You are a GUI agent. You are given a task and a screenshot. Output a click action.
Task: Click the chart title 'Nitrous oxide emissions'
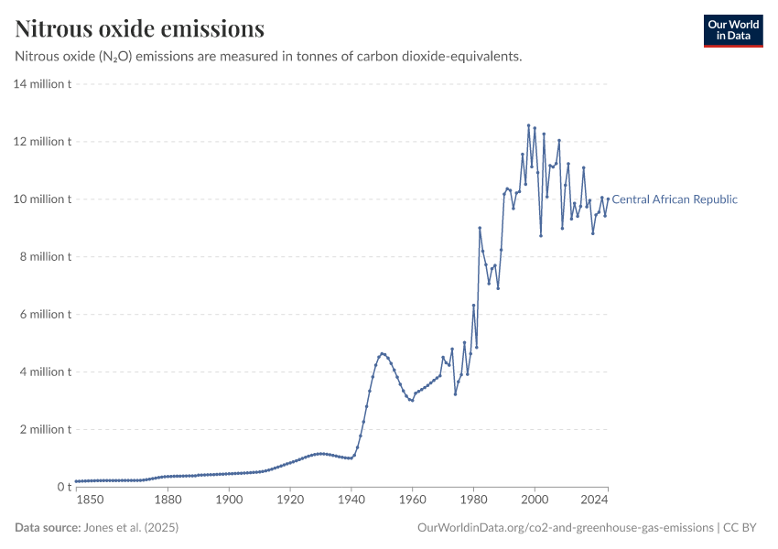tap(140, 29)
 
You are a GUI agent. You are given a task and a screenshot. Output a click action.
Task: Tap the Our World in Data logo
tap(732, 30)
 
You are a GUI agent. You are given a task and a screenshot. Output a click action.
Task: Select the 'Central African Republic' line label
tap(674, 199)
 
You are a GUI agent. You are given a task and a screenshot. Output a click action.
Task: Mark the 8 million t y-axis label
tap(45, 257)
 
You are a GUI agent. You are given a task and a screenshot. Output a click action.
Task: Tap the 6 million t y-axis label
tap(45, 315)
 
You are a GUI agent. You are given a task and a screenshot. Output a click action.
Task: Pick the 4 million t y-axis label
tap(45, 372)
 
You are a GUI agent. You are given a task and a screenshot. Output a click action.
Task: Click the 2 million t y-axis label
tap(45, 429)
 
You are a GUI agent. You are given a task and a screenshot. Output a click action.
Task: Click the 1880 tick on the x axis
tap(167, 500)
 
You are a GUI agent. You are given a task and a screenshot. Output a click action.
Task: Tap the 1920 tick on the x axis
tap(290, 500)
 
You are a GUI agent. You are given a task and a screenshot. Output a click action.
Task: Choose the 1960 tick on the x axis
tap(412, 500)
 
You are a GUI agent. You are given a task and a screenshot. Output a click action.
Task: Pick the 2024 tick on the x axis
tap(595, 500)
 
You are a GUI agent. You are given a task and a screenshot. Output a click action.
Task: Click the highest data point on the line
tap(528, 125)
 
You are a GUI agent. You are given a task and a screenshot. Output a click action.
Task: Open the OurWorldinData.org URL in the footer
tap(565, 528)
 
